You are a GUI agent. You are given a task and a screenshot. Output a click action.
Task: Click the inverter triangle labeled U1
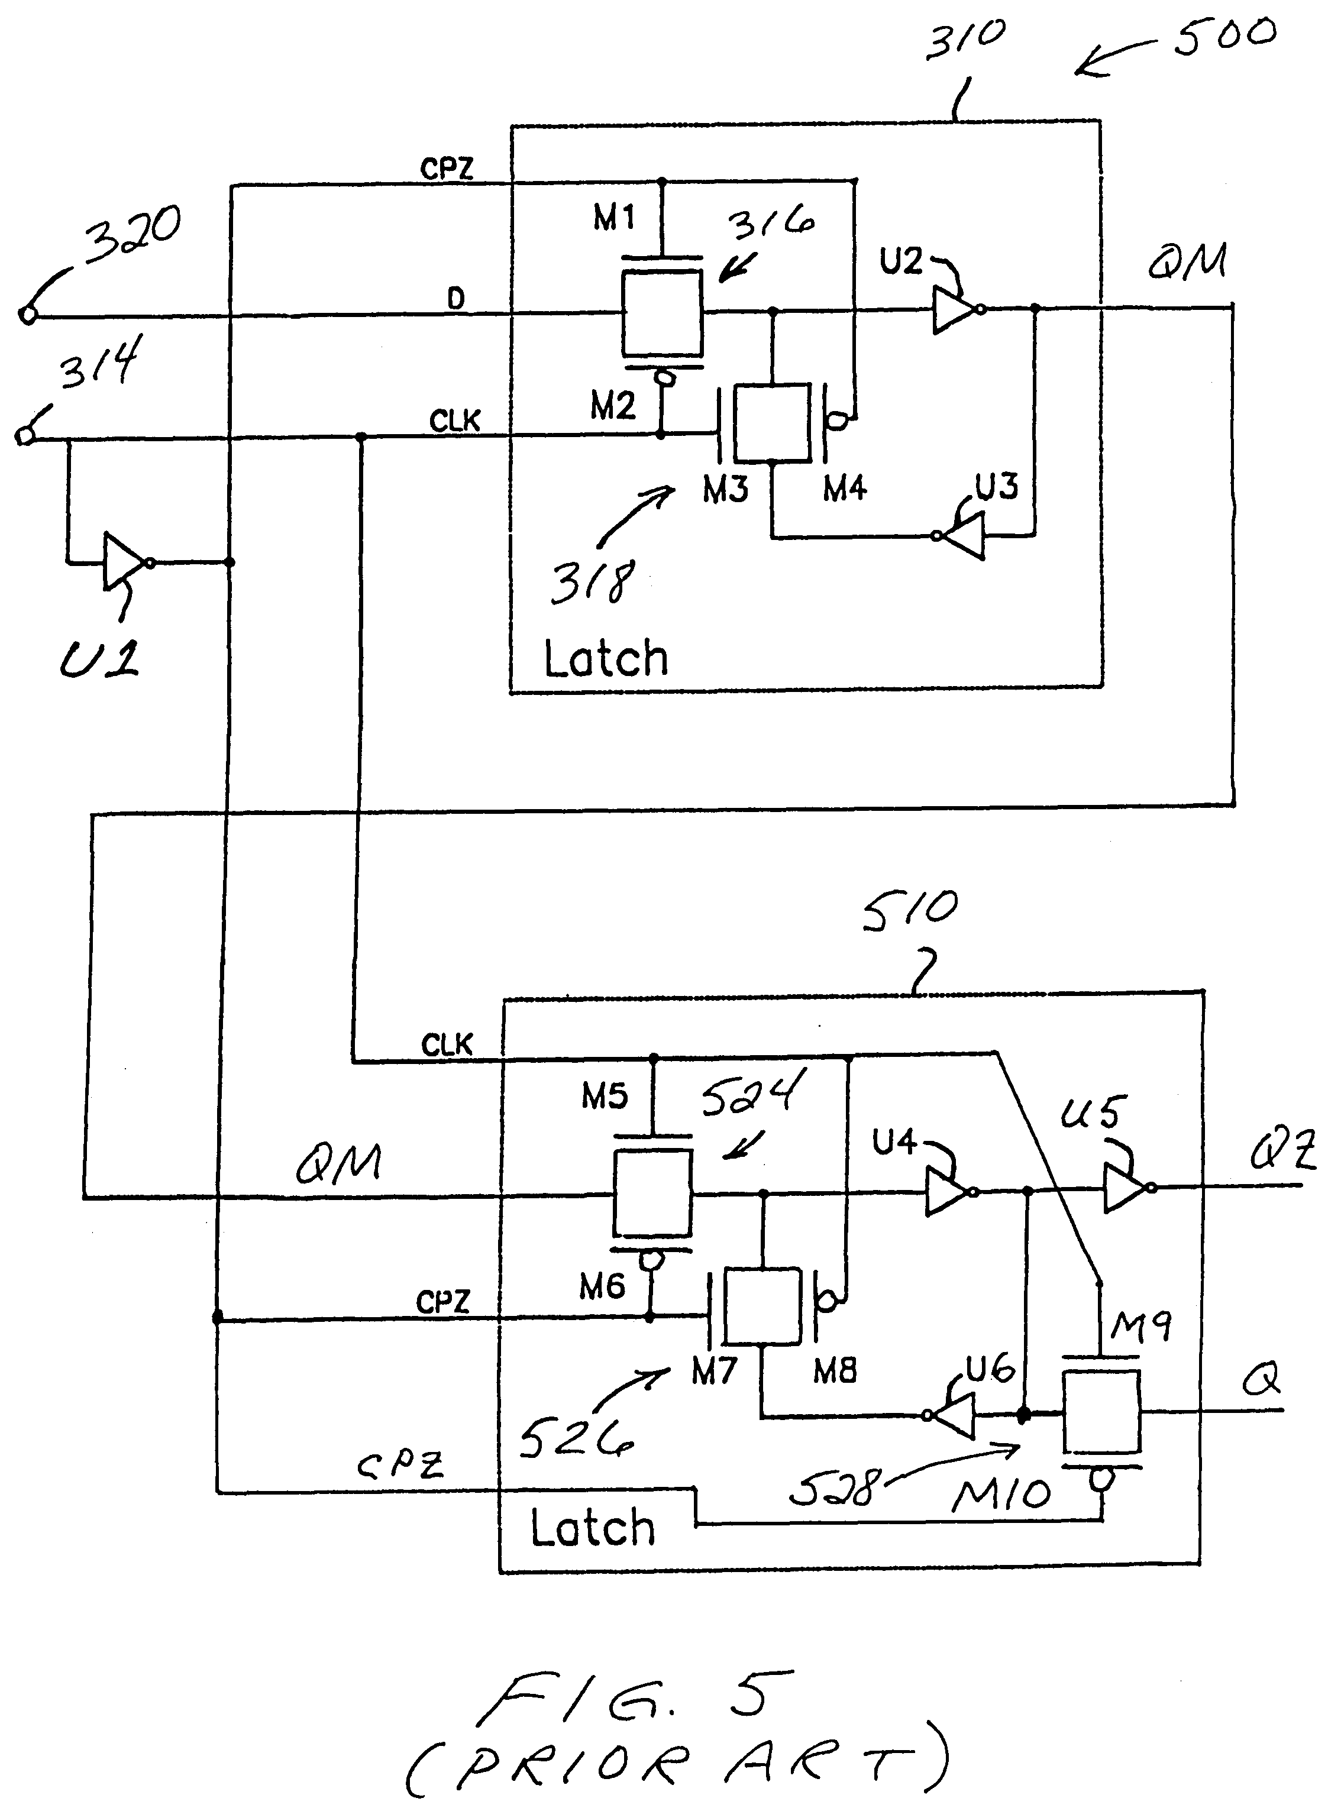123,562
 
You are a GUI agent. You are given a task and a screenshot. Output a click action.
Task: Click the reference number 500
1224,36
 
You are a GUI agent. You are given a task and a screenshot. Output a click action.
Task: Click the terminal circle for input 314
25,436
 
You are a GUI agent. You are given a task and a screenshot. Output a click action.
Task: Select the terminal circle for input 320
27,315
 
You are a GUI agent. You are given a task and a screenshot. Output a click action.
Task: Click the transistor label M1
614,217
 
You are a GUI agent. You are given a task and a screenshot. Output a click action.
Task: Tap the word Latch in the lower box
593,1528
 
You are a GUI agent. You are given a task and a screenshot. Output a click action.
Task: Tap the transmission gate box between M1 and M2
661,313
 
